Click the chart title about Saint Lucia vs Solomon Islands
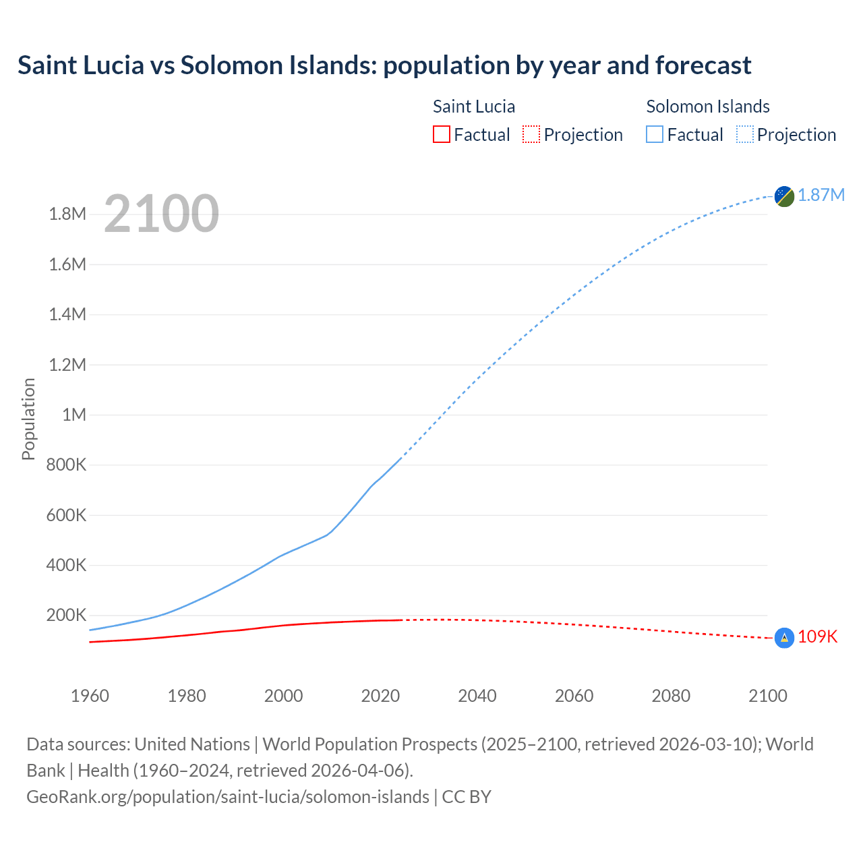tap(384, 65)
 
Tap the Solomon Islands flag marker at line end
tap(784, 196)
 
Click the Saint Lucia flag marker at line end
tap(784, 638)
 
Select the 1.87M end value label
tap(821, 196)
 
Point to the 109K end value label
tap(818, 637)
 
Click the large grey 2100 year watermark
tap(161, 214)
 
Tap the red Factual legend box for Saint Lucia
tap(442, 135)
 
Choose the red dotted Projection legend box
tap(531, 135)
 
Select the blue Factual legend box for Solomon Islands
tap(655, 135)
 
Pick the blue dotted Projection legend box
tap(745, 135)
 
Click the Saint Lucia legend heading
tap(474, 107)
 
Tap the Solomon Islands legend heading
tap(708, 107)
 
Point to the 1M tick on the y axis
tap(74, 415)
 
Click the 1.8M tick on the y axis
tap(67, 214)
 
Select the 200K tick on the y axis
tap(66, 615)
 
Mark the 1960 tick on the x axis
tap(90, 696)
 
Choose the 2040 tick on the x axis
tap(477, 696)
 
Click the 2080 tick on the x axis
tap(671, 696)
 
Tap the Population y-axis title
tap(28, 419)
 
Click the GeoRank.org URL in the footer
tap(228, 797)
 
